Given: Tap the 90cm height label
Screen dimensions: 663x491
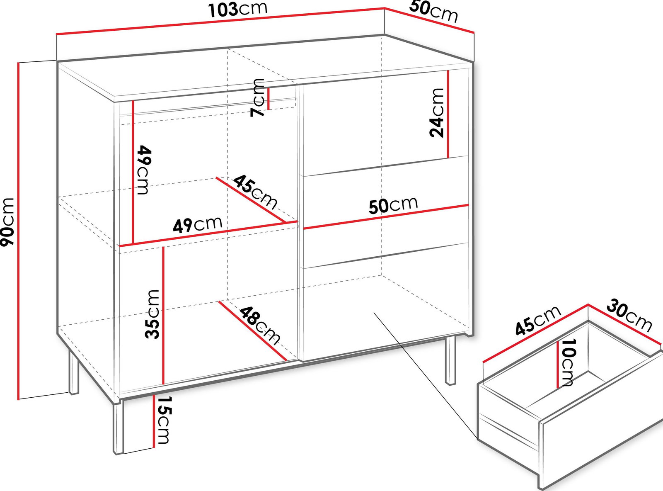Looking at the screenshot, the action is [x=7, y=222].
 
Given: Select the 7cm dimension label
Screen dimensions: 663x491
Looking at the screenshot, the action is [x=257, y=97].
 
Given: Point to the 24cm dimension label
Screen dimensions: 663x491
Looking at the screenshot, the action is [x=436, y=113].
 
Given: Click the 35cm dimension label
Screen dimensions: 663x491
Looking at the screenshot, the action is [x=152, y=314].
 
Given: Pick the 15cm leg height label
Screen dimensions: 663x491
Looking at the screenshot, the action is [x=163, y=420].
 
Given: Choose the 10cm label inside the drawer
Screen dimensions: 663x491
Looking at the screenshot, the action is [x=567, y=362].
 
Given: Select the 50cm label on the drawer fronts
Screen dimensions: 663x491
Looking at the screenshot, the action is [x=393, y=206].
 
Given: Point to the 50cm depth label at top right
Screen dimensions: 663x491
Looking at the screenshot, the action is [x=433, y=12].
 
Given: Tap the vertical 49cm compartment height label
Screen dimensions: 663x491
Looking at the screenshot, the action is [x=144, y=170].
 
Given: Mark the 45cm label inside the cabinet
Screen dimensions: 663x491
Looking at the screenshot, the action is [x=255, y=192].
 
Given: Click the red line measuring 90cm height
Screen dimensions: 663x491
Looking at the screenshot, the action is [x=19, y=231].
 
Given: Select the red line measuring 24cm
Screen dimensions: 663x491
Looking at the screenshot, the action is [x=448, y=114].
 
